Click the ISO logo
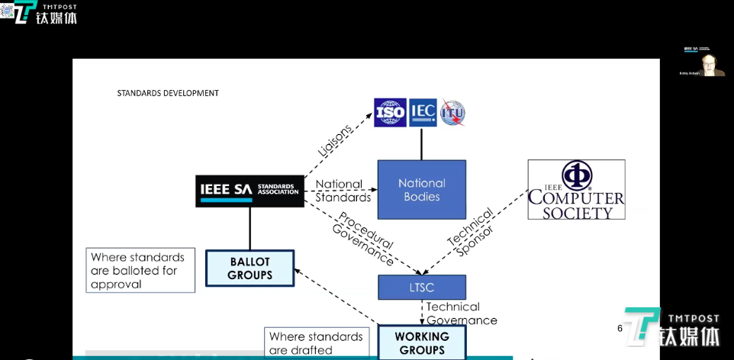[389, 113]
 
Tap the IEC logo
[423, 113]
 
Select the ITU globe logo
[452, 113]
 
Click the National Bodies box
[422, 190]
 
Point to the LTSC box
[422, 287]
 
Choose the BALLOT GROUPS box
[249, 268]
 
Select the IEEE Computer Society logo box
[576, 190]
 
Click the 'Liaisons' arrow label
[336, 140]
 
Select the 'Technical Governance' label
[461, 313]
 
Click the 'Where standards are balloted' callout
[140, 270]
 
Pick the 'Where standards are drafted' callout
[316, 343]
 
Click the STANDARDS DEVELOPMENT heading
[168, 93]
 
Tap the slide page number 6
[620, 328]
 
